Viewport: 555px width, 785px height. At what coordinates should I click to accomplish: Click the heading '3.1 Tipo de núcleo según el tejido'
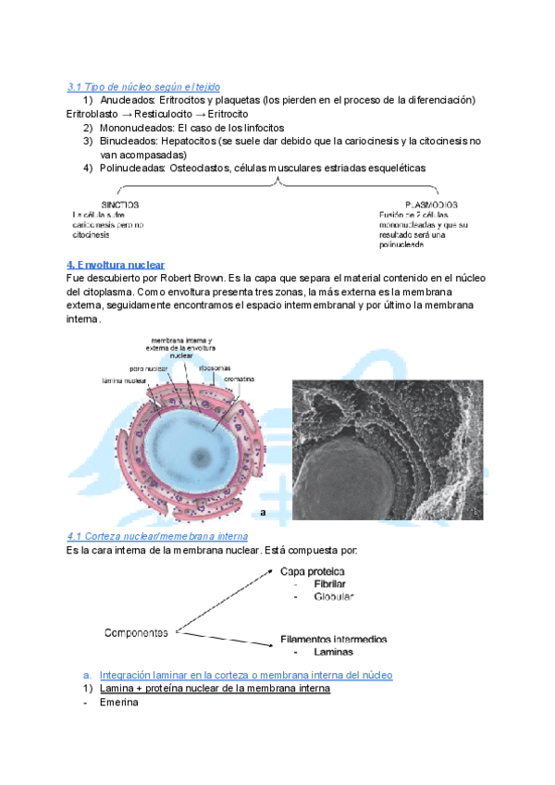pyautogui.click(x=143, y=86)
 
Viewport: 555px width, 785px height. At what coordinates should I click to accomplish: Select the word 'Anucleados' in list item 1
pyautogui.click(x=129, y=100)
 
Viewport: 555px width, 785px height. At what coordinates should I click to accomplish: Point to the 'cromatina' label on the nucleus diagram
pyautogui.click(x=239, y=380)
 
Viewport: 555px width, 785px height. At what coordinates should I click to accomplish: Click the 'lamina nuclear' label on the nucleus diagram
pyautogui.click(x=122, y=380)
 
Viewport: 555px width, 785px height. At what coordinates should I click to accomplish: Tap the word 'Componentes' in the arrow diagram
pyautogui.click(x=135, y=633)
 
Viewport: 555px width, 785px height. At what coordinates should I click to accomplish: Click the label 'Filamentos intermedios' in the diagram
pyautogui.click(x=334, y=639)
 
